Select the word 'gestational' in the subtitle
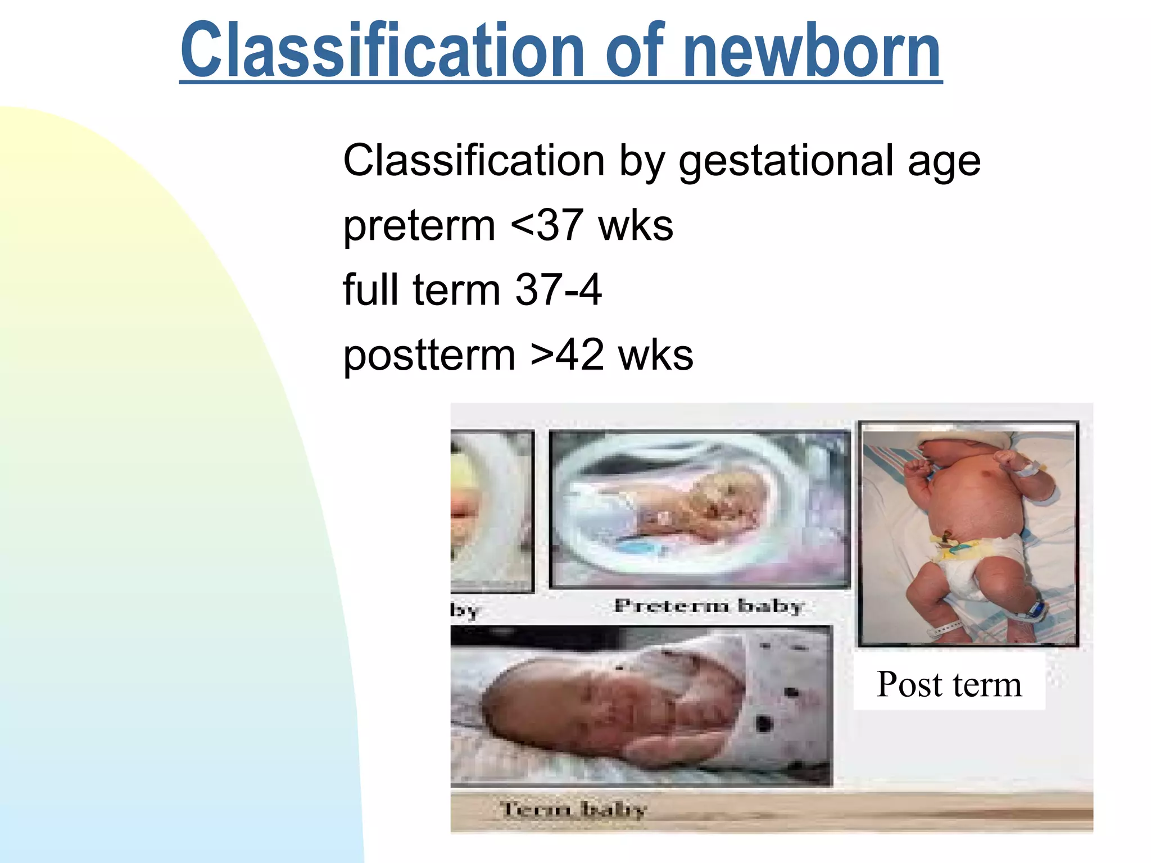785,161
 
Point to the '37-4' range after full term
558,290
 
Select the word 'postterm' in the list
429,356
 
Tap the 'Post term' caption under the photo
949,684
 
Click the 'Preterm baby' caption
709,606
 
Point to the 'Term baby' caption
573,809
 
